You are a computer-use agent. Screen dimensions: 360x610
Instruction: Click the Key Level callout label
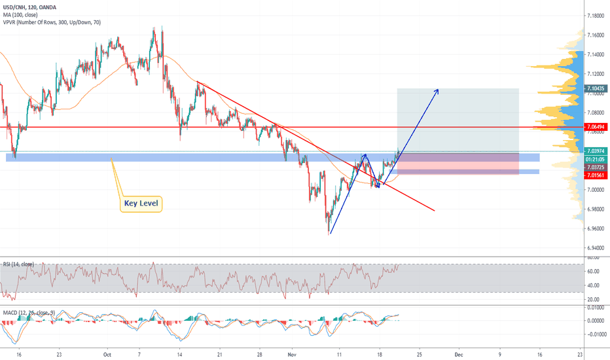coord(141,204)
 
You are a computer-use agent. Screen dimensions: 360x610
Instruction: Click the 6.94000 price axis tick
coord(596,248)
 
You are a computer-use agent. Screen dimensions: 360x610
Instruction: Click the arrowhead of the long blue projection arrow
coord(437,90)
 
